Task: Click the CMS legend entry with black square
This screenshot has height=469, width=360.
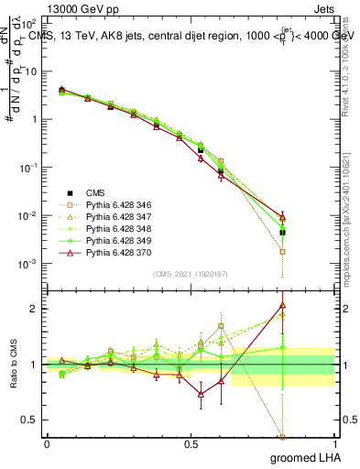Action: click(x=95, y=191)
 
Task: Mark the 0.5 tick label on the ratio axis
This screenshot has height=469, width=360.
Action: click(x=32, y=420)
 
